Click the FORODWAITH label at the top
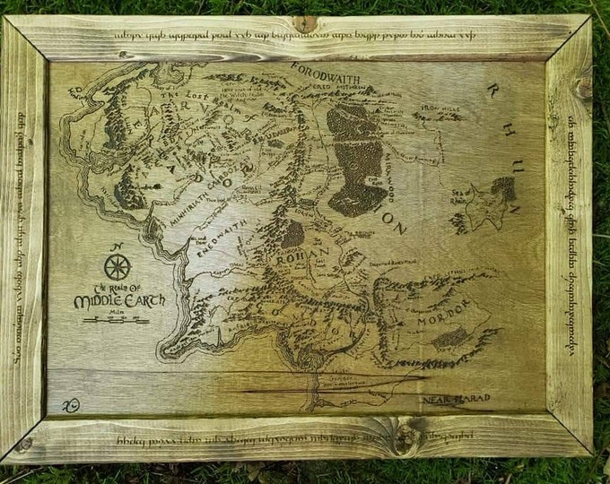pos(330,78)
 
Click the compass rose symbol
pos(117,267)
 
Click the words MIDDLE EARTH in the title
pos(119,301)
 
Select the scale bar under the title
pos(104,319)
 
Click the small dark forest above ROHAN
pos(292,234)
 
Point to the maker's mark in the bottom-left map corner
pos(70,405)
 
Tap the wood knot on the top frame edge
pos(305,23)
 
